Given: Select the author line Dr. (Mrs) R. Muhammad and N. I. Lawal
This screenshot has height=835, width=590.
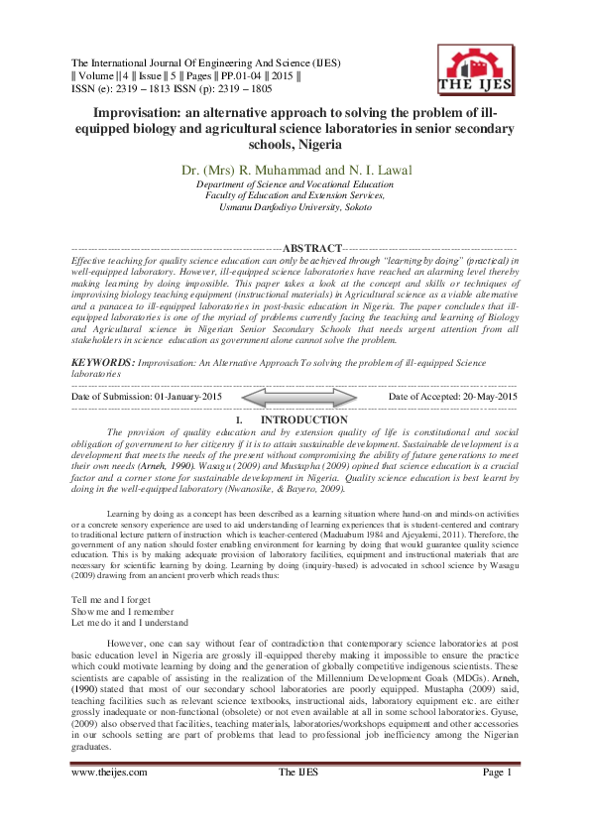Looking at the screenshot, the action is click(295, 171).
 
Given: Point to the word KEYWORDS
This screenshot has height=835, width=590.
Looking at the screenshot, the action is click(103, 364).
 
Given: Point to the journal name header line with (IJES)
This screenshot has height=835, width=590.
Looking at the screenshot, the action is click(206, 63).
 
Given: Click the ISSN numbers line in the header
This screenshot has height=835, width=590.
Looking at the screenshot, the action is click(172, 89).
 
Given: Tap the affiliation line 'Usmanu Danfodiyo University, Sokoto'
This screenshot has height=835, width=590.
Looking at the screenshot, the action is click(295, 206).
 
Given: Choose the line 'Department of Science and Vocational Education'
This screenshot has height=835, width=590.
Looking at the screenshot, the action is click(295, 185).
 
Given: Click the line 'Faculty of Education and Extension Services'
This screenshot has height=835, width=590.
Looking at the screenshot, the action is click(295, 195).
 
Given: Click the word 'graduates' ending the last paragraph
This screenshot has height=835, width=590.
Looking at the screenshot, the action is click(92, 751).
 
